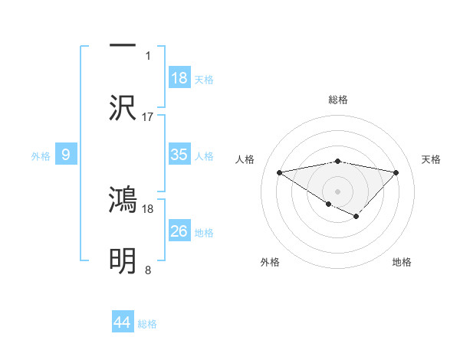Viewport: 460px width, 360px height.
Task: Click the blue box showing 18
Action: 179,78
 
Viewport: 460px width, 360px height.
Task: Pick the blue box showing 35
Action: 179,155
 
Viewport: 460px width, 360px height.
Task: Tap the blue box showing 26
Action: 179,231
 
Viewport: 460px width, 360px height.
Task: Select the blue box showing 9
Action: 66,155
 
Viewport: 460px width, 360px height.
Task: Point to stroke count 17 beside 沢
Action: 148,117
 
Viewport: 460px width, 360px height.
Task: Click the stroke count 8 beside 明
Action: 148,270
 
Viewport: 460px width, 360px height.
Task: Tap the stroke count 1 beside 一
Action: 148,55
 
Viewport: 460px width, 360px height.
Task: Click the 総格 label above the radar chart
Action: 338,100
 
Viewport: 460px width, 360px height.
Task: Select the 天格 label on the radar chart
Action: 431,159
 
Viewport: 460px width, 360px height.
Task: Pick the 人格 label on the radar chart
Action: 245,159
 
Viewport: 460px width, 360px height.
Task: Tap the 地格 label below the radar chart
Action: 402,263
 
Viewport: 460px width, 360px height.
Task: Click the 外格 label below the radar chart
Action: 270,263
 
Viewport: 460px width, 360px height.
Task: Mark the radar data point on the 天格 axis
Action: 396,172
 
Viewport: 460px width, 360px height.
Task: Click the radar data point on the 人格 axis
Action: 280,172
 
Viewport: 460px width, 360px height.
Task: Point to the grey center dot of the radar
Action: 338,191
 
